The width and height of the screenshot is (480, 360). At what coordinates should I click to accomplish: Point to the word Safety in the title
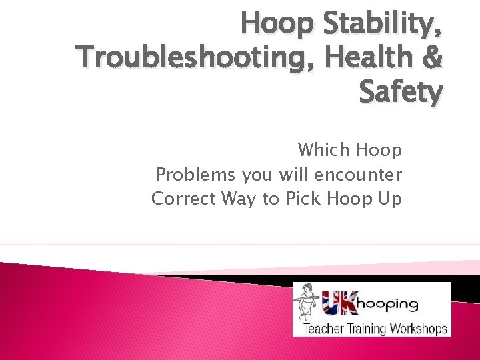[400, 93]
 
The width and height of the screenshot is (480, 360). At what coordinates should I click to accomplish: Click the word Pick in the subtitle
[304, 199]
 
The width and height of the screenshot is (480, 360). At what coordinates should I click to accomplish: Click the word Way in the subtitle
[237, 199]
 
